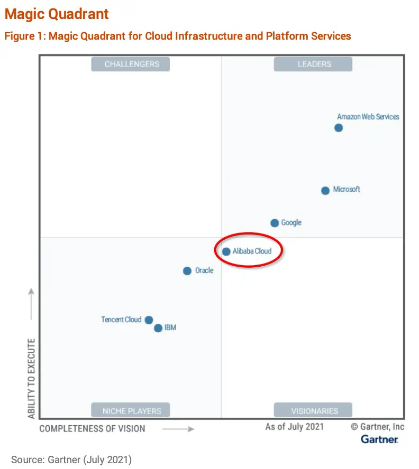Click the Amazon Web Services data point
coord(339,128)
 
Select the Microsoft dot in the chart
coord(325,191)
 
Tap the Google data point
coord(275,223)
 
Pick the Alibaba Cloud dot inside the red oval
coord(226,252)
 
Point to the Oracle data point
coord(187,271)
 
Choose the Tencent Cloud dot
coord(149,320)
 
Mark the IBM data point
coord(158,329)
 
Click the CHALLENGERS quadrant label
coord(131,64)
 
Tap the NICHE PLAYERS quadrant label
coord(131,410)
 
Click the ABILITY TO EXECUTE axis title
coord(32,378)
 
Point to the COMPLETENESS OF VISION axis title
coord(92,428)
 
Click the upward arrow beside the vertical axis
coord(32,304)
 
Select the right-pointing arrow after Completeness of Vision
coord(178,429)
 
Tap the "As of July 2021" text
coord(294,426)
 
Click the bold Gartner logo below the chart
coord(379,439)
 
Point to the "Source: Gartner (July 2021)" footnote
coord(71,459)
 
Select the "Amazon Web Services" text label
coord(368,117)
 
